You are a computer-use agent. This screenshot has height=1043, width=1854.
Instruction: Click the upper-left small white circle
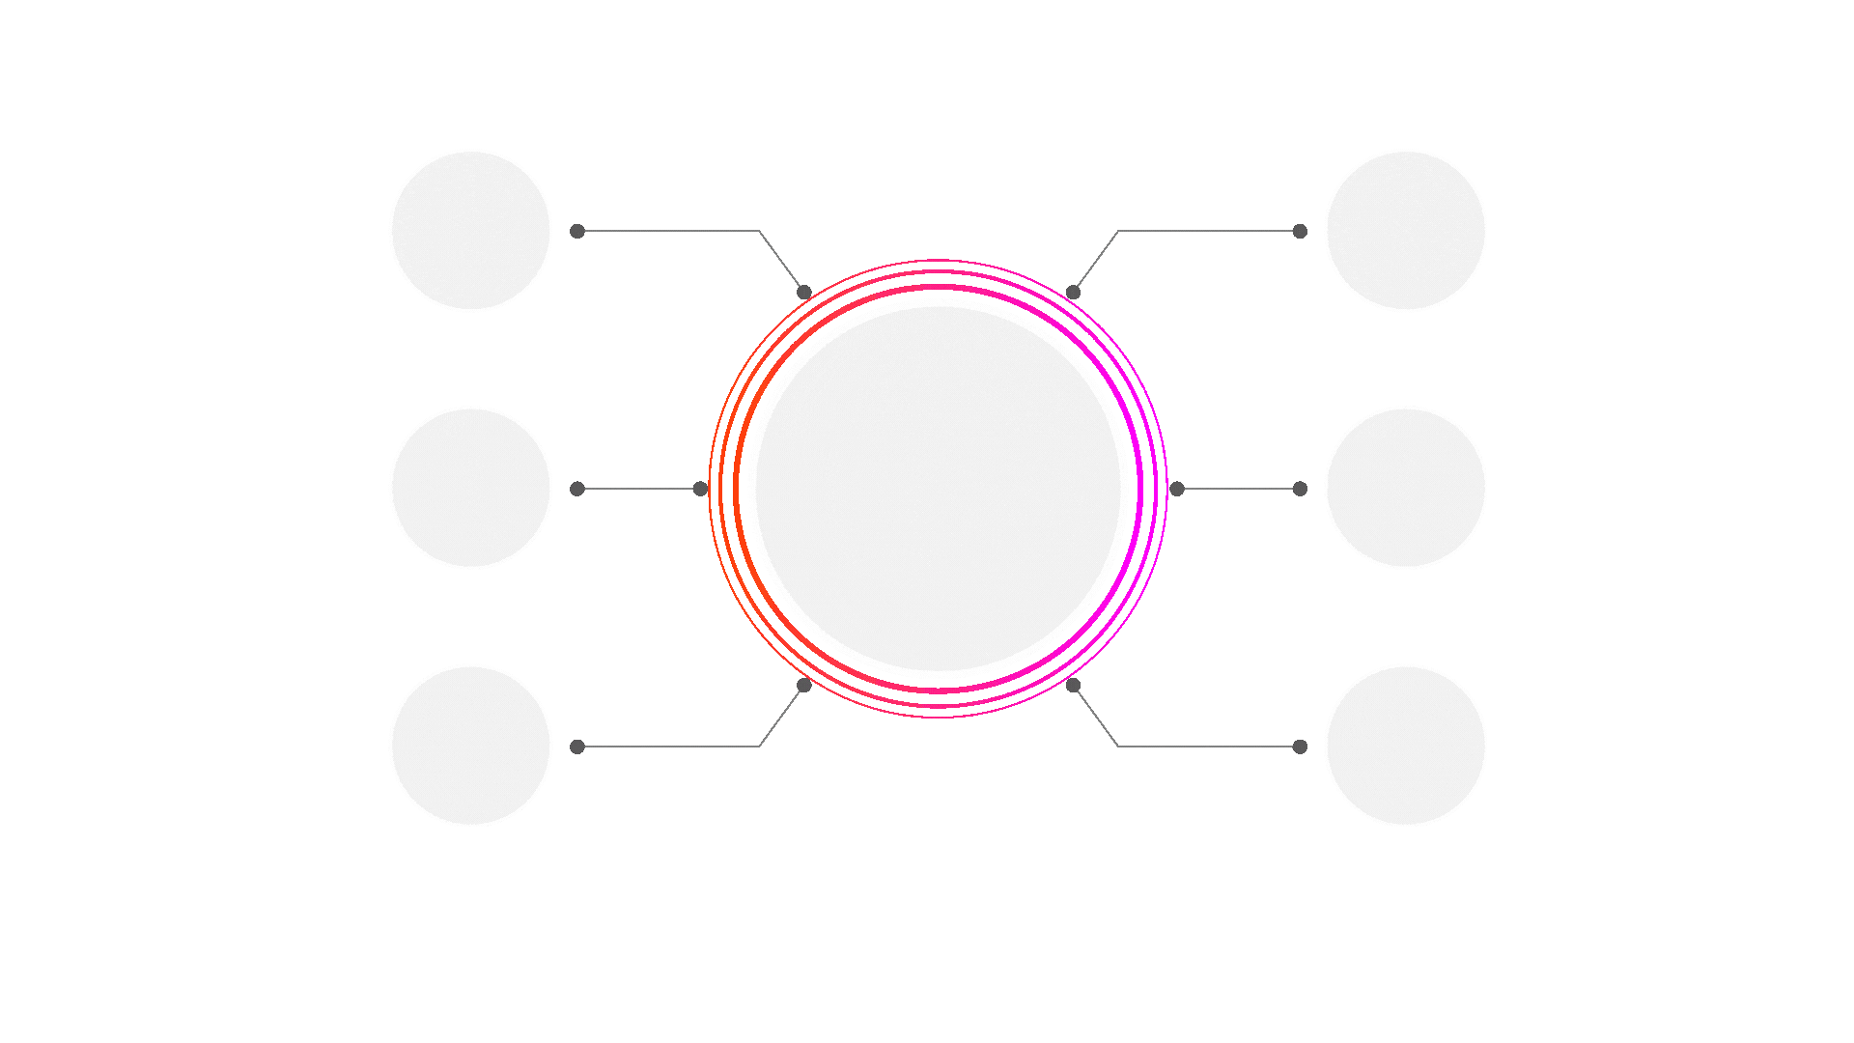(470, 231)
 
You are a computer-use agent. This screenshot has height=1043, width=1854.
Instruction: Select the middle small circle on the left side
(470, 488)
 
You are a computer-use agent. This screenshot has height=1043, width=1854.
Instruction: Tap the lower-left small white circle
(470, 746)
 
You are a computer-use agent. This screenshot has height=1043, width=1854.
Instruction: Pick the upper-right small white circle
(1405, 231)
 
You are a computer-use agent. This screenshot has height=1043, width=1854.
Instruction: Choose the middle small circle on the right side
(1405, 488)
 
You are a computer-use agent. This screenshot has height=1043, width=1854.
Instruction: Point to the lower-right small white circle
(1405, 746)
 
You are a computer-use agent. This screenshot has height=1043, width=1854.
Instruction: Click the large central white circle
(939, 488)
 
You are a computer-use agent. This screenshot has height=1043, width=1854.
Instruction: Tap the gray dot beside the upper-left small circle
(577, 231)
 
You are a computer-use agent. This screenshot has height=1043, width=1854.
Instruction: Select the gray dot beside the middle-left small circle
(577, 489)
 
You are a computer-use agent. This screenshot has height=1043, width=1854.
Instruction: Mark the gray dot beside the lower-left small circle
(577, 747)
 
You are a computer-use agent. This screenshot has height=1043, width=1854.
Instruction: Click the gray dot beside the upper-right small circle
(1300, 231)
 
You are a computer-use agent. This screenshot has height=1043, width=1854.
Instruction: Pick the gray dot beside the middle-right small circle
(1300, 489)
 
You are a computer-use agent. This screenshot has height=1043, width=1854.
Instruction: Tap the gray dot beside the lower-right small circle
(1300, 747)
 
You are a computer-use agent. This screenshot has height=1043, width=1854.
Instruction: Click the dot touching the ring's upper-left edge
(804, 292)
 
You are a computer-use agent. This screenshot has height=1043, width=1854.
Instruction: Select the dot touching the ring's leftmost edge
(701, 489)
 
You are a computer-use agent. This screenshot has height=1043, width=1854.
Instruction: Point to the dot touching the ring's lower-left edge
(804, 685)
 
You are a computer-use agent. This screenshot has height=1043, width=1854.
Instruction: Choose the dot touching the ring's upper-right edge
(1073, 292)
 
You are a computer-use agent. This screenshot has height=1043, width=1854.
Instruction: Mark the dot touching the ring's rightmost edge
(1176, 489)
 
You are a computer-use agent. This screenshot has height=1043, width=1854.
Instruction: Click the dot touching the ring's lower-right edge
(1073, 685)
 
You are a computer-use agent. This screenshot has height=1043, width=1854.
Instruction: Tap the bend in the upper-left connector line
(759, 231)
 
